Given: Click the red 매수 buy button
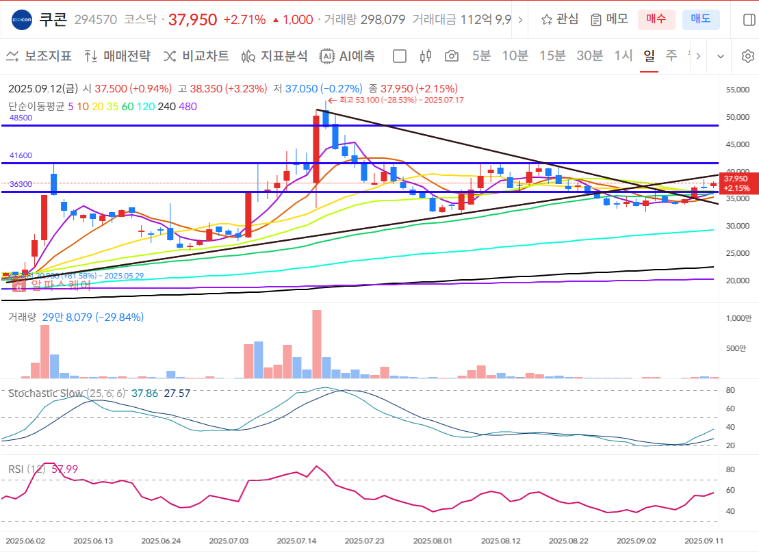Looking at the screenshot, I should point(656,19).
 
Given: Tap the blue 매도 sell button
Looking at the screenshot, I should point(700,19).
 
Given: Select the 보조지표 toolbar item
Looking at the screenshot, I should point(39,56).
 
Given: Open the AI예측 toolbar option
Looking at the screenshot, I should point(348,56).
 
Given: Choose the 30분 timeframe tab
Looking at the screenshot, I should point(589,56).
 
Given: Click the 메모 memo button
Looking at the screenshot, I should point(609,19).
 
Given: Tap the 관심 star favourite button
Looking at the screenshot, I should point(559,19).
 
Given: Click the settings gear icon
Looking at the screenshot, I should point(747,56).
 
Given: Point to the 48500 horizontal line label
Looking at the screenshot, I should point(21,118).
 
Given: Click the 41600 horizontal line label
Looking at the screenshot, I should point(21,155).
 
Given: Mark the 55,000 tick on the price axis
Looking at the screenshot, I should point(738,90).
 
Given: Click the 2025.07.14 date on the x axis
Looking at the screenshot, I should point(296,541).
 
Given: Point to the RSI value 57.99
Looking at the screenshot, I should point(64,469).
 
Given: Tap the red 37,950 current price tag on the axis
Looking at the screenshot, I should point(737,183).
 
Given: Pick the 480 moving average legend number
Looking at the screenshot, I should point(188,106).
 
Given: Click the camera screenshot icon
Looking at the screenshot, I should point(451,56).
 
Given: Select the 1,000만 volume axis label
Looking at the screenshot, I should point(738,318).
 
